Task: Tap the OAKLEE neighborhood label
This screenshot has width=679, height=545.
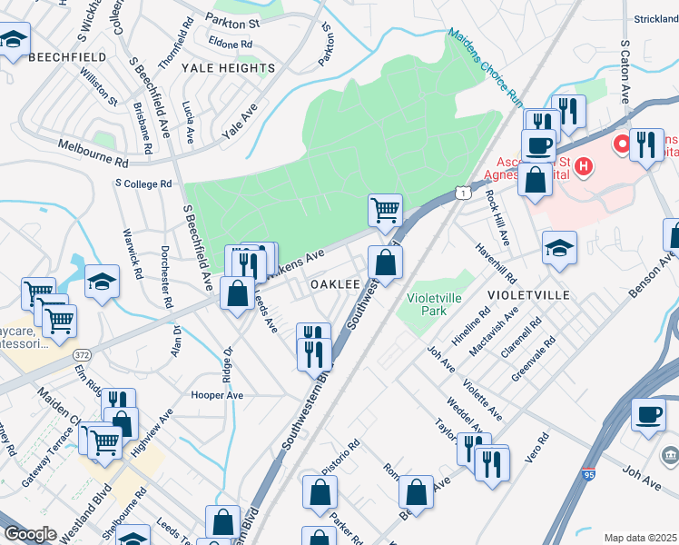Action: [335, 284]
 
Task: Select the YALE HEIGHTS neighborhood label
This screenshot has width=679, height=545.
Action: [228, 68]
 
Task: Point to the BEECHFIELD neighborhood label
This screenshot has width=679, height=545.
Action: [67, 57]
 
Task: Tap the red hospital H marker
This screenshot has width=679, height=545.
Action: [584, 167]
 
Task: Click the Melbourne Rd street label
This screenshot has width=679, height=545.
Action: [93, 152]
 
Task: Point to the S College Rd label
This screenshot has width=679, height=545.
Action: [143, 183]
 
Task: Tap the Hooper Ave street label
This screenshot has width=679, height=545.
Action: [217, 395]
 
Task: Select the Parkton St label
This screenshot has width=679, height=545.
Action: [232, 20]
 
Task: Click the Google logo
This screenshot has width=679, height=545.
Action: [30, 534]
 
